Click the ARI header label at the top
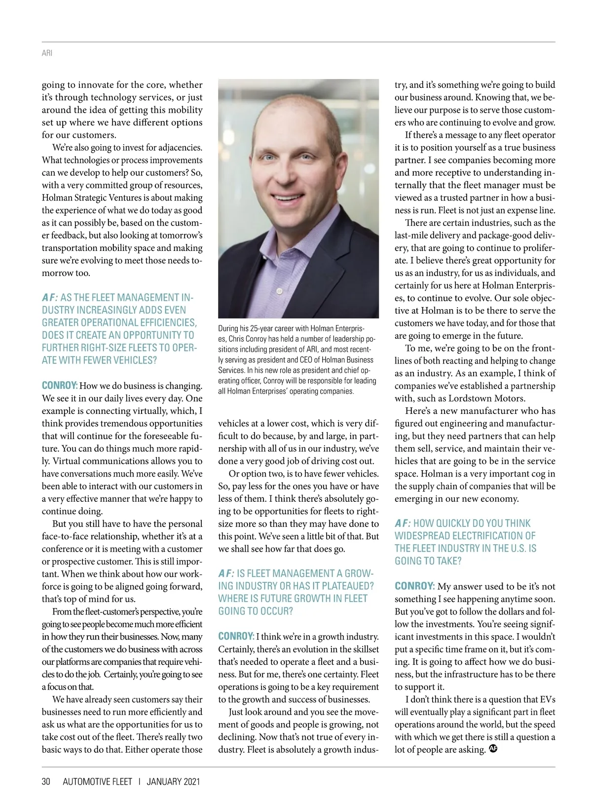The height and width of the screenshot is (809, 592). [x=47, y=53]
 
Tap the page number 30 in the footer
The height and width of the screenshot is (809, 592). [x=46, y=781]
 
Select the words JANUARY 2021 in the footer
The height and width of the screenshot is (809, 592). [x=173, y=781]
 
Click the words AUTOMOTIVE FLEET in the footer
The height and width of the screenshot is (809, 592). [x=98, y=781]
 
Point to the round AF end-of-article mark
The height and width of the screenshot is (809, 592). [x=493, y=749]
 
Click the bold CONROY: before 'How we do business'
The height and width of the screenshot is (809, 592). [x=59, y=385]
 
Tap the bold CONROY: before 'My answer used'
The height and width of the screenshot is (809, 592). [x=414, y=586]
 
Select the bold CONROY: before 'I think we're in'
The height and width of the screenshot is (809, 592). [x=236, y=636]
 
